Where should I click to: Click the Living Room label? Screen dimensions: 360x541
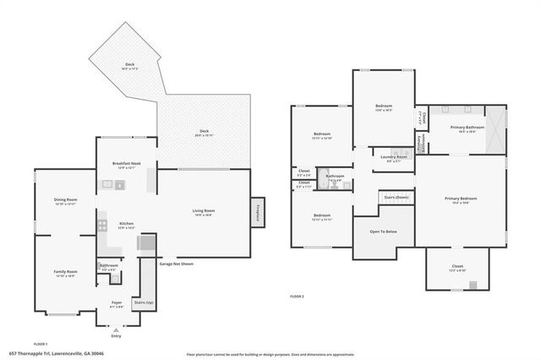tap(203, 210)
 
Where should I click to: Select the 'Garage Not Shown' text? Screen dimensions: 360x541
tap(177, 263)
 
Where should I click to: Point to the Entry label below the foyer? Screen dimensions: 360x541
tap(116, 336)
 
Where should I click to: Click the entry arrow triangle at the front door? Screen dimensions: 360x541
tap(116, 329)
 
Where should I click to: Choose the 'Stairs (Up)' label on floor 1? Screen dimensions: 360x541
tap(144, 302)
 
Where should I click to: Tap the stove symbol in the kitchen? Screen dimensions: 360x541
tap(102, 226)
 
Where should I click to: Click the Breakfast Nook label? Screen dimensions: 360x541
tap(126, 163)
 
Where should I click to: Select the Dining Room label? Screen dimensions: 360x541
tap(65, 199)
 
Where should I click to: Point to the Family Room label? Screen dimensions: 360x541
tap(65, 271)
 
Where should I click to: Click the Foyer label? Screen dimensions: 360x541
tap(116, 302)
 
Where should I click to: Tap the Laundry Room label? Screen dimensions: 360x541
tap(394, 156)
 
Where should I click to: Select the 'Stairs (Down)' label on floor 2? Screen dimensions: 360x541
tap(396, 197)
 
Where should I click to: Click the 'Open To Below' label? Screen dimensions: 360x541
tap(383, 231)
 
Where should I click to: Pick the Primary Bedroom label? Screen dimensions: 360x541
tap(462, 199)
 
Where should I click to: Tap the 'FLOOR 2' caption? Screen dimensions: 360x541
tap(297, 297)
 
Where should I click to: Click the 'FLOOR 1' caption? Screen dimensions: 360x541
tap(40, 344)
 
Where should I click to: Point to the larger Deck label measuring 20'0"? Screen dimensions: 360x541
tap(204, 131)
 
